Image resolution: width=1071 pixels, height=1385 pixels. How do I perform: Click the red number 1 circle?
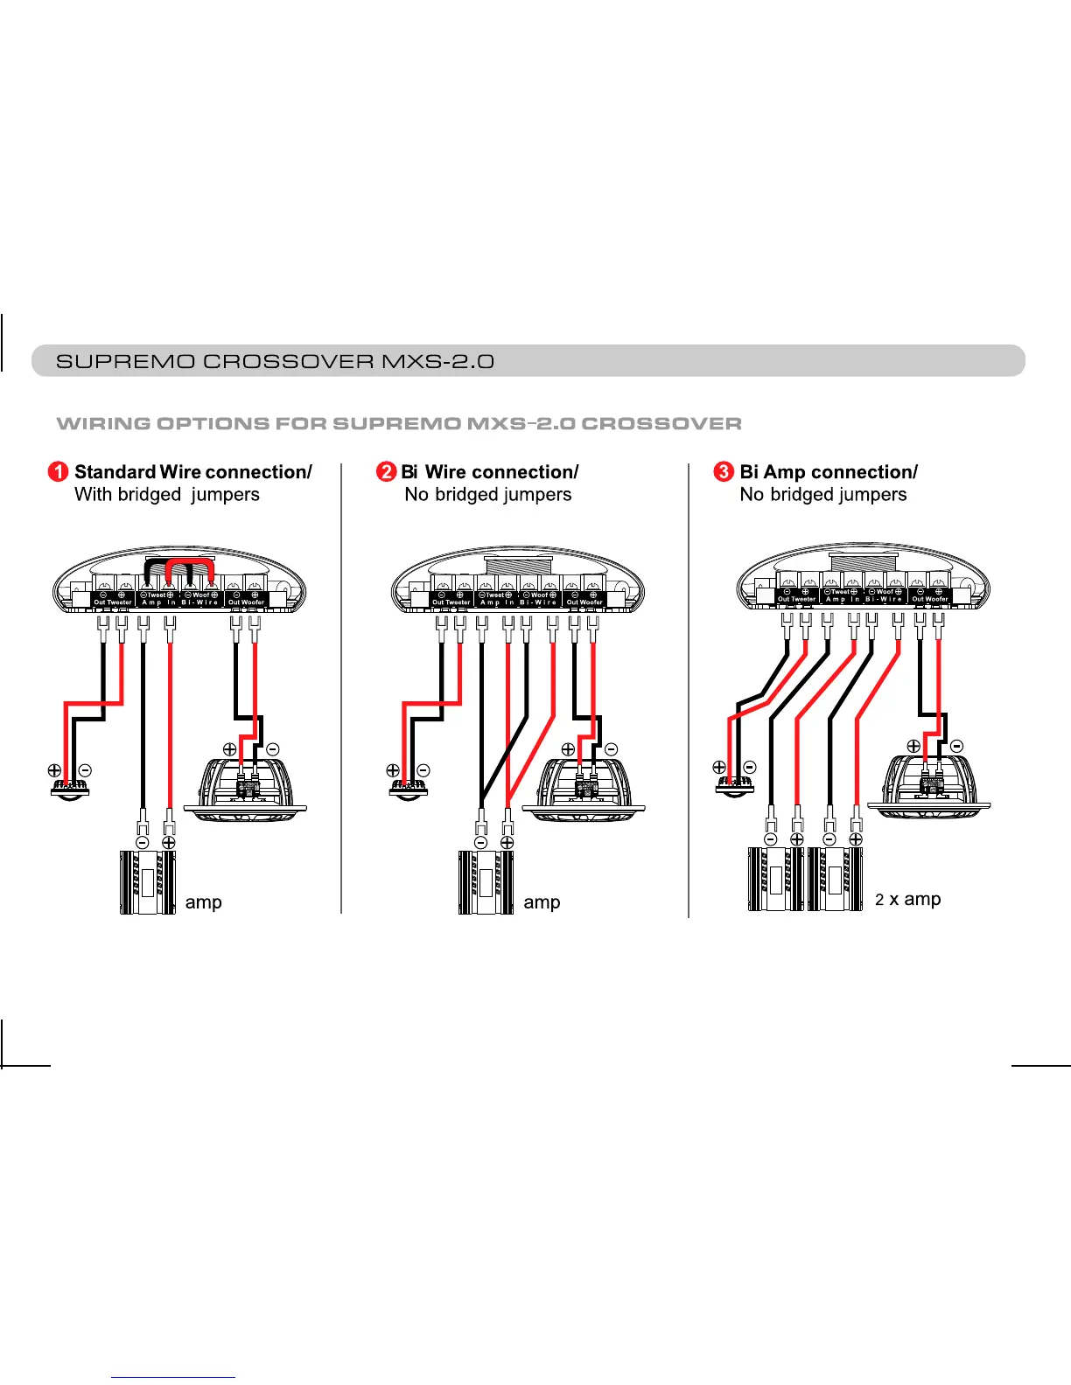click(58, 472)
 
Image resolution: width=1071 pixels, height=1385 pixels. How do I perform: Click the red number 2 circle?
click(386, 472)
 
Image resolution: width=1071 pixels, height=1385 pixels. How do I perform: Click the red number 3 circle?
click(724, 472)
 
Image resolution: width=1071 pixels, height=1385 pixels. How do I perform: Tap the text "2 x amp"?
click(908, 899)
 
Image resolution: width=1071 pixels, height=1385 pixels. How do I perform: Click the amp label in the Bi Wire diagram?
click(542, 902)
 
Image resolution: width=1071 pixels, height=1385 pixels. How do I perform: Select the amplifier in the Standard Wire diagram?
click(147, 882)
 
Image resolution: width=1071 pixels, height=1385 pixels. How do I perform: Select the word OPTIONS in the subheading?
click(213, 424)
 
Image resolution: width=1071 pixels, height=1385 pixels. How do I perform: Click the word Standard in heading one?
click(115, 472)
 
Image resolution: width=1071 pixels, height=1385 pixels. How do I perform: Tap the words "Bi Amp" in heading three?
click(773, 472)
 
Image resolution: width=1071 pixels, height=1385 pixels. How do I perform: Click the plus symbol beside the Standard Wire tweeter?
click(54, 770)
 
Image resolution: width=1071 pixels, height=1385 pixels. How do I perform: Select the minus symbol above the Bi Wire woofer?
click(611, 749)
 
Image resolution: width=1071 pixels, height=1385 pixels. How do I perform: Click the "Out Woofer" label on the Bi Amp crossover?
click(930, 599)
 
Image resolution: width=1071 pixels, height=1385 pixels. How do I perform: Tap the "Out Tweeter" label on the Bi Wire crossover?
click(451, 602)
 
